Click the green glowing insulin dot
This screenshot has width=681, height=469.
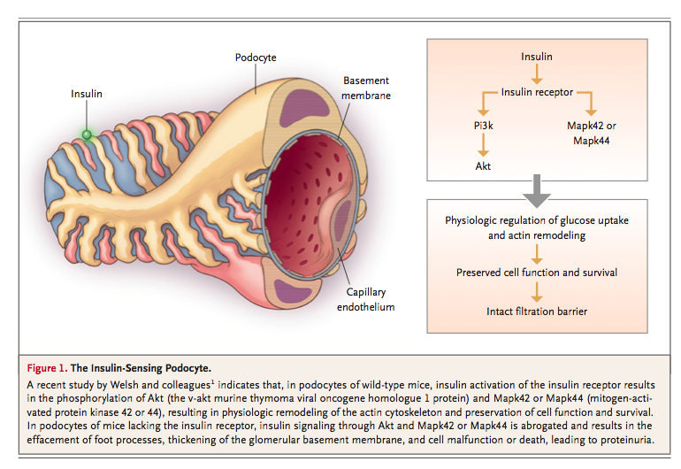(87, 135)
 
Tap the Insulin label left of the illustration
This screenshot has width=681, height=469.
(87, 94)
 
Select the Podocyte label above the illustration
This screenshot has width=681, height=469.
(256, 58)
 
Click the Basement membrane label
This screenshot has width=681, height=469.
(366, 88)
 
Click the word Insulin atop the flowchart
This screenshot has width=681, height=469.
(537, 57)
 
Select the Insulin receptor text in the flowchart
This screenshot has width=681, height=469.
(537, 92)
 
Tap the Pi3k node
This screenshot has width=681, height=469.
(482, 126)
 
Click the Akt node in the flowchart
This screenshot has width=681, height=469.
(482, 165)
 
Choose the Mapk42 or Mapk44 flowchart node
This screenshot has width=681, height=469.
(593, 133)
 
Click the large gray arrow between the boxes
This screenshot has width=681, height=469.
(537, 188)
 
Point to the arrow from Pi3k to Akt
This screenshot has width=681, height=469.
(482, 145)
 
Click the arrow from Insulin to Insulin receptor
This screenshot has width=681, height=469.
(537, 74)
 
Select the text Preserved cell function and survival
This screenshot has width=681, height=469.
(537, 272)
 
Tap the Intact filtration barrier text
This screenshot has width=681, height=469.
(537, 311)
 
